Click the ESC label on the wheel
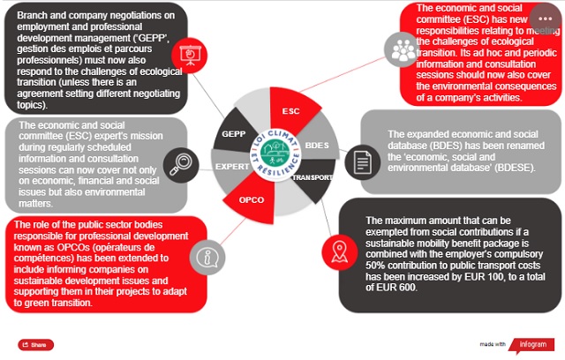tap(290, 112)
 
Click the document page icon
tap(360, 161)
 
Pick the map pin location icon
tap(337, 251)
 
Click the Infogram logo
tap(532, 343)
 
